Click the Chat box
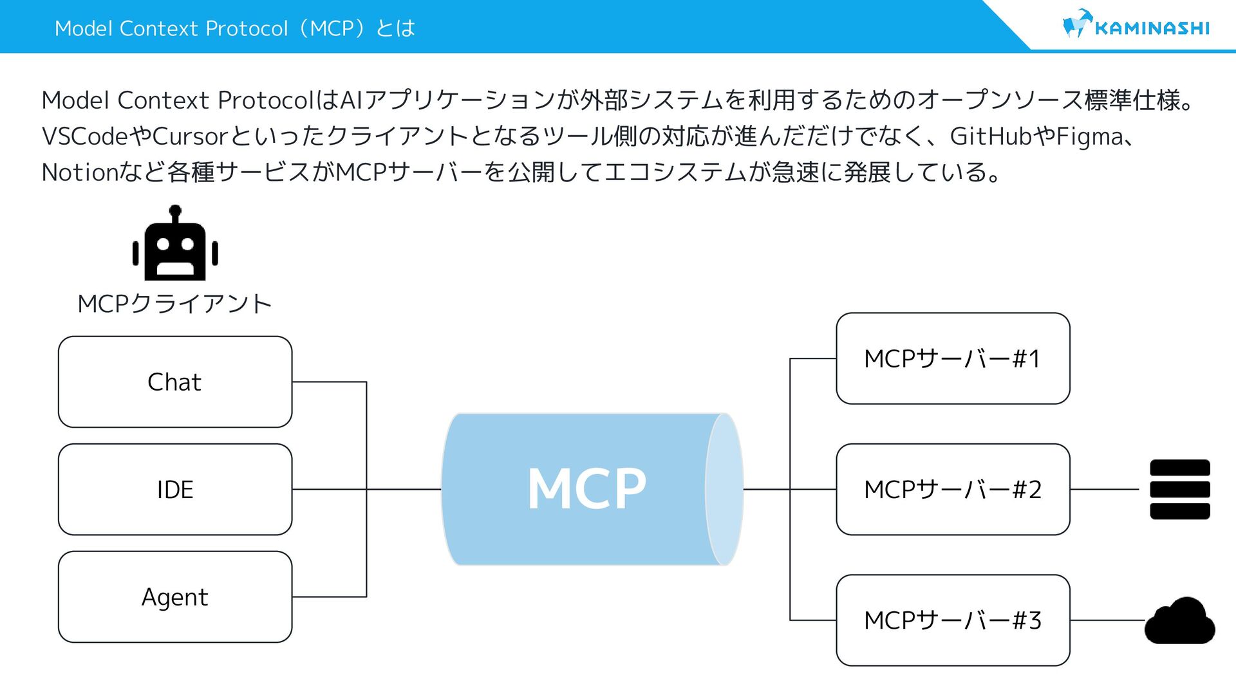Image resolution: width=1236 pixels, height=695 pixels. tap(174, 382)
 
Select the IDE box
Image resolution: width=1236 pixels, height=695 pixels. tap(174, 489)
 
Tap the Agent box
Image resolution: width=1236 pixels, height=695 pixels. tap(174, 597)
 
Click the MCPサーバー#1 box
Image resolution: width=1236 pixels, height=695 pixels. tap(953, 358)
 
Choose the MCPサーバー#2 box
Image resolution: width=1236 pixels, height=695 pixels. tap(953, 489)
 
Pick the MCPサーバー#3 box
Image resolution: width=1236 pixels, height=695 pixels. tap(953, 620)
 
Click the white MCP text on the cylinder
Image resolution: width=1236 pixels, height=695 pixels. tap(586, 489)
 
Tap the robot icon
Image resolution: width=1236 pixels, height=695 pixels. tap(175, 245)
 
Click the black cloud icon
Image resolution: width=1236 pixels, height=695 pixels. tap(1179, 622)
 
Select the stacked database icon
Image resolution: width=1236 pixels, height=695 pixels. tap(1179, 489)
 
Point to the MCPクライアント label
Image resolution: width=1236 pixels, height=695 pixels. tap(174, 304)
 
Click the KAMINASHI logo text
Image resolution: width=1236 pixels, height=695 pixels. tap(1152, 28)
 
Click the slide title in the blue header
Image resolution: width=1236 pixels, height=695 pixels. tap(235, 28)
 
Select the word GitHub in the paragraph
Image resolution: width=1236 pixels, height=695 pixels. tap(991, 136)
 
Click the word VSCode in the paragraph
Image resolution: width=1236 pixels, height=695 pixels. tap(84, 136)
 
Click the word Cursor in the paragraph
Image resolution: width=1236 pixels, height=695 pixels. tap(191, 136)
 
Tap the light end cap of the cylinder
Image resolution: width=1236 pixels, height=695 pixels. tap(724, 489)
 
